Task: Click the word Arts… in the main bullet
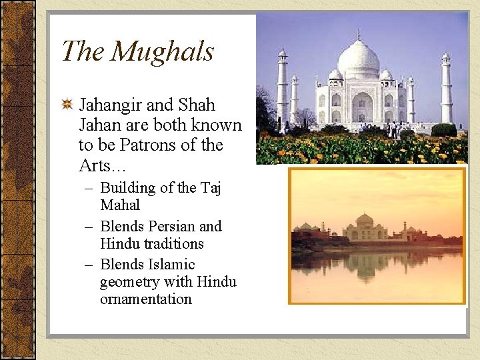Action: pyautogui.click(x=97, y=165)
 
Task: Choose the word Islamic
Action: pyautogui.click(x=172, y=265)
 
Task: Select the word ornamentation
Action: pyautogui.click(x=146, y=299)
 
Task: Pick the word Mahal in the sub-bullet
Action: pyautogui.click(x=120, y=205)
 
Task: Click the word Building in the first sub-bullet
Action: pyautogui.click(x=127, y=188)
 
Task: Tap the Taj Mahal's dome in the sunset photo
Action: pyautogui.click(x=364, y=220)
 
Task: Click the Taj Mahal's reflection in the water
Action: pyautogui.click(x=365, y=263)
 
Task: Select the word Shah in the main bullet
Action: pyautogui.click(x=197, y=105)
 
